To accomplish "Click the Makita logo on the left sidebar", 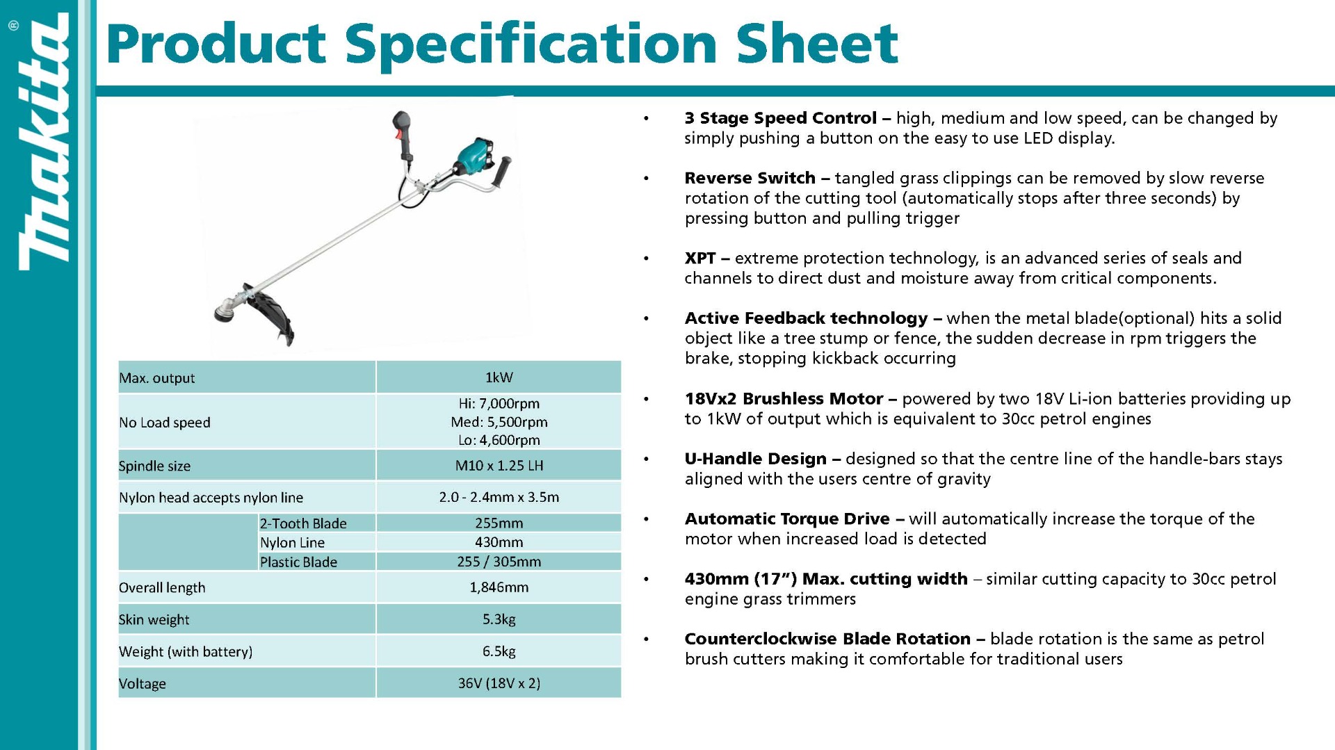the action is tap(43, 142).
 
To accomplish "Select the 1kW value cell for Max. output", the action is tap(499, 377).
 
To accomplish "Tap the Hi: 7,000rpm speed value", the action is tap(499, 404).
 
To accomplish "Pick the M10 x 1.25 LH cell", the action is tap(499, 466).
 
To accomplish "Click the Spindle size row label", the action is tap(154, 466).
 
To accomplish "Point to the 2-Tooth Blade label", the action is tap(303, 523).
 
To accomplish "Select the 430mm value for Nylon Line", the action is tap(499, 542).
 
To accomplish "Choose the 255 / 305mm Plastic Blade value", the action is tap(499, 562).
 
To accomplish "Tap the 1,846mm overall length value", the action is tap(499, 587).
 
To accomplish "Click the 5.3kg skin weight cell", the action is tap(499, 619).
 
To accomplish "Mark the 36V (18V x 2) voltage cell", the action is tap(499, 683).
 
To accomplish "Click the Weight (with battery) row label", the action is tap(186, 652).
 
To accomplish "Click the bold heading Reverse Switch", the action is tap(750, 178).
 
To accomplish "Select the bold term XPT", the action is tap(700, 259).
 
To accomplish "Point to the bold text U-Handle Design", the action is tap(756, 459).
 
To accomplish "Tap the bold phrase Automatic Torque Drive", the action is tap(787, 519).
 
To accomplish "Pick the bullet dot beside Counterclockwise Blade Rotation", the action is tap(646, 639).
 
